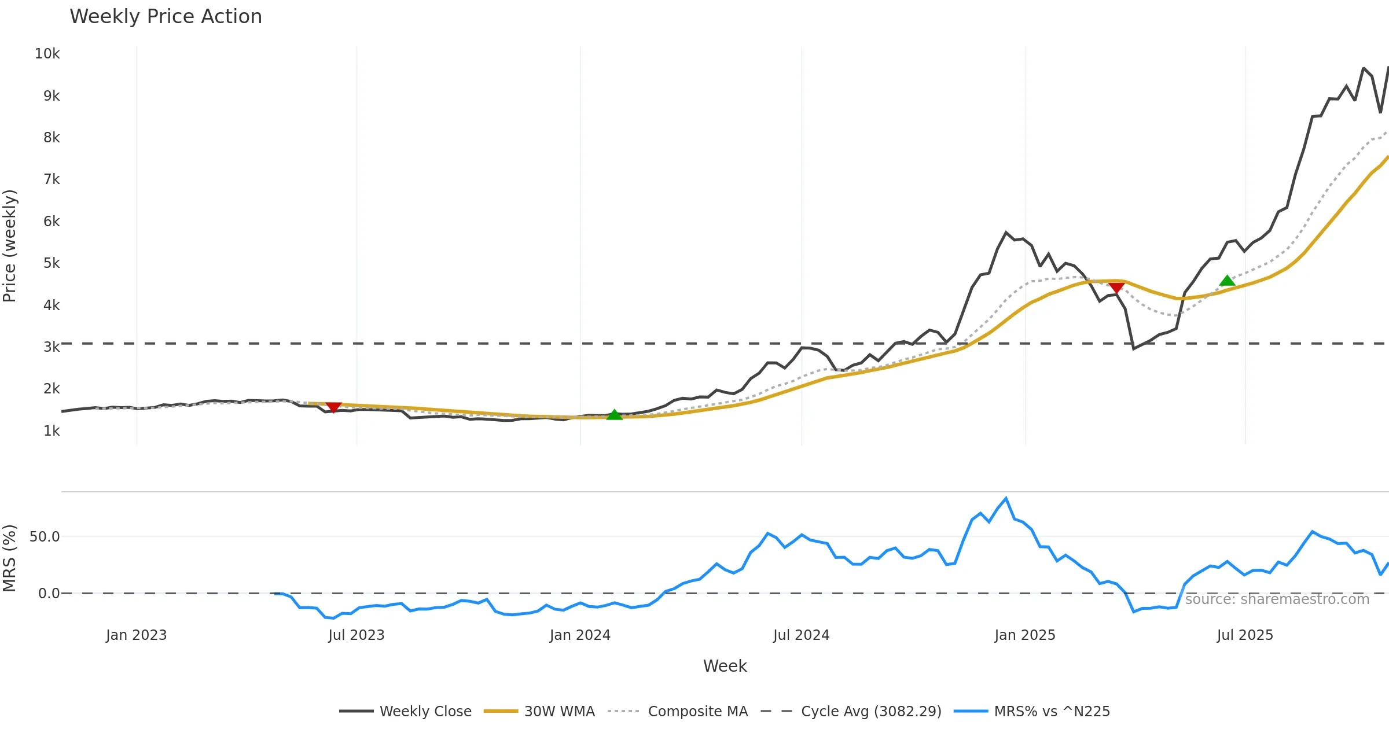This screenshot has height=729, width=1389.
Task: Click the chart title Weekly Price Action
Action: coord(166,17)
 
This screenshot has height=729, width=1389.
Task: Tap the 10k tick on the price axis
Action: coord(47,54)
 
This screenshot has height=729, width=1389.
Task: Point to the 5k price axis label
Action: coord(52,263)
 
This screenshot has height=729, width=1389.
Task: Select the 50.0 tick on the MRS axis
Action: coord(45,537)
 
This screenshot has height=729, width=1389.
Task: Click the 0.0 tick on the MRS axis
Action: coord(49,594)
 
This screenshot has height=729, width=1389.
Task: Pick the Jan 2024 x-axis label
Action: coord(580,635)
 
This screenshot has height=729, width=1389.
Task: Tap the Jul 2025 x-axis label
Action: coord(1245,635)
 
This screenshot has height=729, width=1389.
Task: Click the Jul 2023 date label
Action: coord(356,635)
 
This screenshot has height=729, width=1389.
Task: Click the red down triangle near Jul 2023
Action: coord(333,407)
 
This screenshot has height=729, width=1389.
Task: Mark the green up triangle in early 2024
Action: coord(615,415)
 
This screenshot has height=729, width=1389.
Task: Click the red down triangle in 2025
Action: coord(1116,288)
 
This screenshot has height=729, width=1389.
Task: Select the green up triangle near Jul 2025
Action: coord(1227,281)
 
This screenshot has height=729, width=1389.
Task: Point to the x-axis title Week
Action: coord(725,667)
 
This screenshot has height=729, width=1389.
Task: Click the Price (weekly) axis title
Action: coord(10,246)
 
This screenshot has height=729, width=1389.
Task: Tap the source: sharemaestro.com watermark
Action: coord(1277,599)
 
